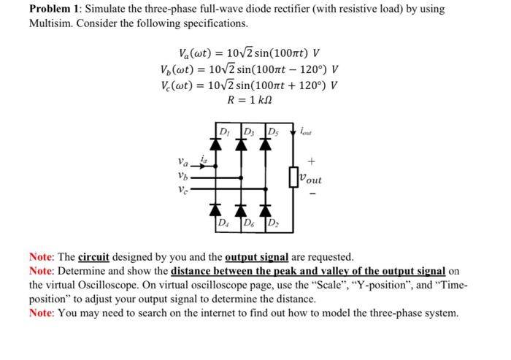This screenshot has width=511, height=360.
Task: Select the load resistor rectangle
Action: [294, 176]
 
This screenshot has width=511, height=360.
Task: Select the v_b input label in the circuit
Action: [183, 177]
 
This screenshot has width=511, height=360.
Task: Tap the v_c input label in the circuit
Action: [183, 188]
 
